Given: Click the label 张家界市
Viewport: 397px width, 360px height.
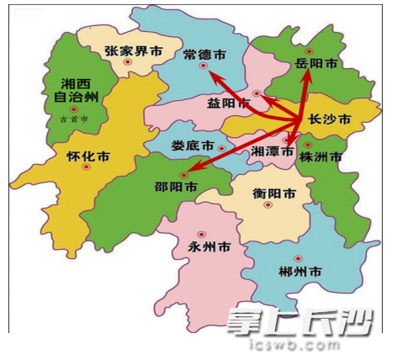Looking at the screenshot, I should point(132,50).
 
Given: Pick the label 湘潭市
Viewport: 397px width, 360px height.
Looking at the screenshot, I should point(273,151).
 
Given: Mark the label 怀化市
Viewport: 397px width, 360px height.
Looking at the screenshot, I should point(87,156).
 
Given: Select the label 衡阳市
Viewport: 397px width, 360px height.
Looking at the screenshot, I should point(274,193).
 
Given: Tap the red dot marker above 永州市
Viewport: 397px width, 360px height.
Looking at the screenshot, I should point(202,233).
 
